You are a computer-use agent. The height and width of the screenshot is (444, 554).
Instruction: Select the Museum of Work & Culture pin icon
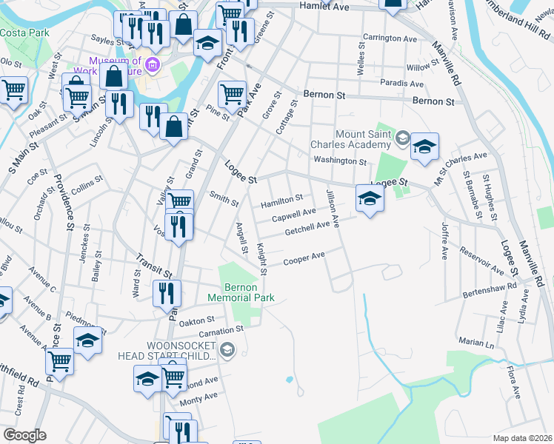(152, 65)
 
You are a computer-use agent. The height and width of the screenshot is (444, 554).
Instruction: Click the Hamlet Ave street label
(324, 6)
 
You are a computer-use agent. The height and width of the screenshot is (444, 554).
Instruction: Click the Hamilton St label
(281, 199)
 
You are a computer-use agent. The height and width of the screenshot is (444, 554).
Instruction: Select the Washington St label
(340, 161)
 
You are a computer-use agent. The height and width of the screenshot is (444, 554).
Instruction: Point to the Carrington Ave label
(390, 38)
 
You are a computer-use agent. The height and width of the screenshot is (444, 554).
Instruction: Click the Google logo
(24, 435)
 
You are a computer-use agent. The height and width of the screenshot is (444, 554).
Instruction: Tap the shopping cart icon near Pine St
(232, 94)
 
